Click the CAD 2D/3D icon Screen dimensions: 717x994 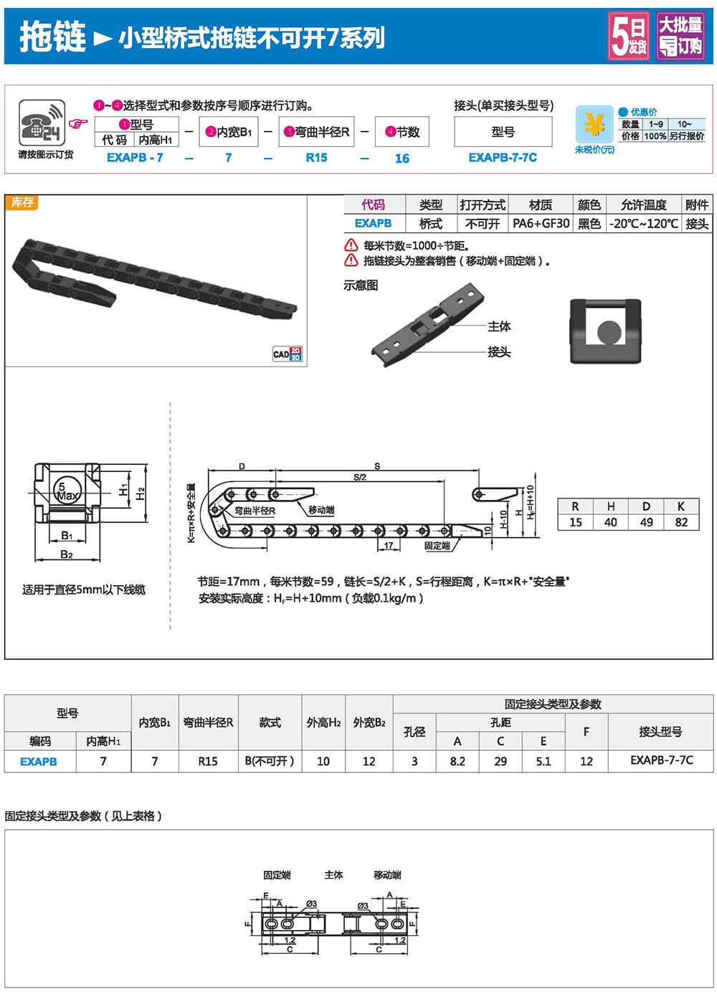[288, 354]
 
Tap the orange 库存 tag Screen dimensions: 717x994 [22, 202]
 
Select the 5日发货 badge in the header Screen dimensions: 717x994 [629, 37]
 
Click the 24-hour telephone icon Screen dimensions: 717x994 [42, 123]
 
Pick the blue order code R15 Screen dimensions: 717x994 [316, 158]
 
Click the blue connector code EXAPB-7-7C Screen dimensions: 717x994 [503, 158]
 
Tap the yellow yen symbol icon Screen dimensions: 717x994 [594, 124]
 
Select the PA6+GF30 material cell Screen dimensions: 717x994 [541, 223]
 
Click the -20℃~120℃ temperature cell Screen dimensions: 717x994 [643, 223]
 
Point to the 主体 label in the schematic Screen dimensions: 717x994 [499, 326]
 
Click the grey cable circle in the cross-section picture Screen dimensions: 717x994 [609, 332]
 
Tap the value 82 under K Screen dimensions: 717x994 [681, 522]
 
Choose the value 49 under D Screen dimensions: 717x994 [646, 522]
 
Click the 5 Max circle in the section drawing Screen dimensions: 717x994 [67, 491]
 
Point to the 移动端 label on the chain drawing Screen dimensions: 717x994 [321, 510]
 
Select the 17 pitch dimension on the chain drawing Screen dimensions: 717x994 [389, 545]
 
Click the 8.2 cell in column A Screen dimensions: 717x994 [457, 762]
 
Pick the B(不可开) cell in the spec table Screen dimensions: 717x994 [270, 762]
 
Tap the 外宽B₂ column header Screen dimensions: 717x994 [369, 722]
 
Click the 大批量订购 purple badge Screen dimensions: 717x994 [680, 37]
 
